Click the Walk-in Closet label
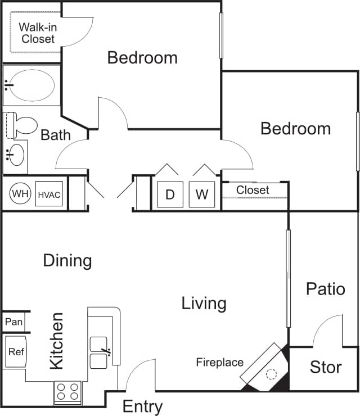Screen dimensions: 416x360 click(x=38, y=33)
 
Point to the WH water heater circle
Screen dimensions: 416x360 click(x=21, y=194)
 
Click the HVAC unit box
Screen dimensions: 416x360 click(x=49, y=195)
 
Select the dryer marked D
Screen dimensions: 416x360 click(x=170, y=195)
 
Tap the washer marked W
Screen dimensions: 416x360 click(x=202, y=195)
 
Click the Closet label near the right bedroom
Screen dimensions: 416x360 click(x=253, y=190)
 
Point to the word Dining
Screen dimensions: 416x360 click(x=67, y=260)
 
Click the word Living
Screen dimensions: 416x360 click(x=204, y=304)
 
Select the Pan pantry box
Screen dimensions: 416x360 click(x=14, y=322)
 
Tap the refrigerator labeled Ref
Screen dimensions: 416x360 click(x=16, y=352)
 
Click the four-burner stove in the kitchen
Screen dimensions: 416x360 click(x=67, y=391)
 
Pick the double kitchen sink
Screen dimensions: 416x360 click(x=100, y=352)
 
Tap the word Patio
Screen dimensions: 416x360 click(x=325, y=289)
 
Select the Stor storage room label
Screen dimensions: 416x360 click(x=326, y=368)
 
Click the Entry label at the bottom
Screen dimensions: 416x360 click(x=143, y=406)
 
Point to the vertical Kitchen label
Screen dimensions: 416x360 click(x=56, y=341)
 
